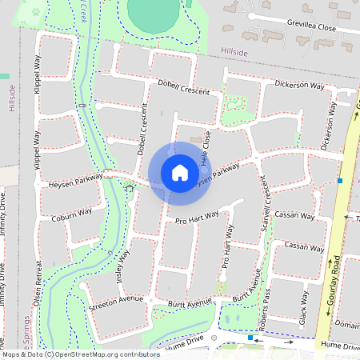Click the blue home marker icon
click(180, 172)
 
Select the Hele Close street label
click(205, 149)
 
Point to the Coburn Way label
click(72, 214)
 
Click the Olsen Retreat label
click(38, 279)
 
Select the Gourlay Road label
click(337, 280)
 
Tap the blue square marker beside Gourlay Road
click(341, 181)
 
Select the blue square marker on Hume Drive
click(250, 338)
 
